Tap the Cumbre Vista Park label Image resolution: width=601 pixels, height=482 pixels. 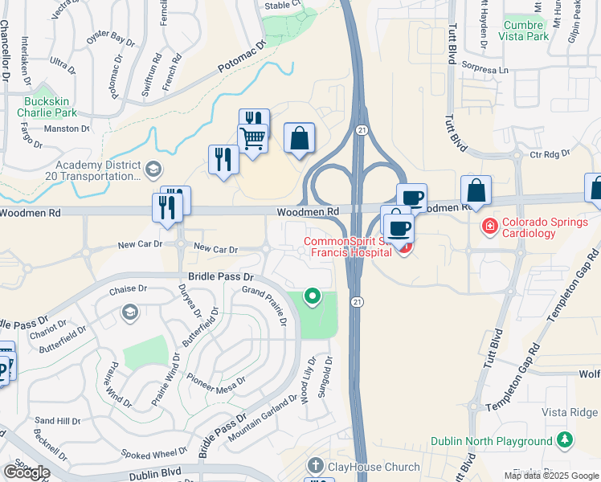click(x=523, y=31)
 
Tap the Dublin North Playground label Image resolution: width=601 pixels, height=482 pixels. click(x=492, y=441)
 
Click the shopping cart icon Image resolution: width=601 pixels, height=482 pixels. click(x=253, y=139)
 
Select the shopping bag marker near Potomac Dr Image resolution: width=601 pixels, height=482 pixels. click(x=299, y=138)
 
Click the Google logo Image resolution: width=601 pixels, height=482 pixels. click(x=27, y=472)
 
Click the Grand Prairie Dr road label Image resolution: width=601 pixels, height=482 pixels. click(x=264, y=305)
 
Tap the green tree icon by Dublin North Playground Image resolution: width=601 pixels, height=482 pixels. click(x=566, y=440)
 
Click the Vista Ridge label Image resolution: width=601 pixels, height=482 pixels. click(x=569, y=412)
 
